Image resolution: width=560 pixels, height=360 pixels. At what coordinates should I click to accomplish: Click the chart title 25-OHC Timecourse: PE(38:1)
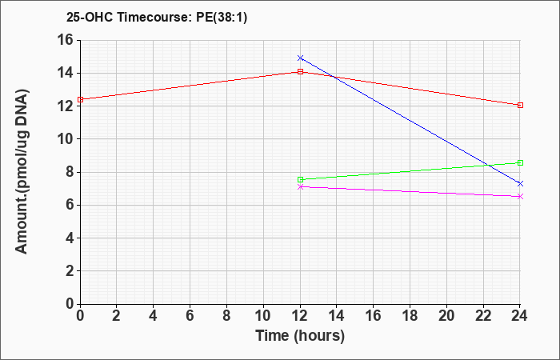(157, 18)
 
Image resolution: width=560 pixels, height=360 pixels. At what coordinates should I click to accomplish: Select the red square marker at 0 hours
(80, 100)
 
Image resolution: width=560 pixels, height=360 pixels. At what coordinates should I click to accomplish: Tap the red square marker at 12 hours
(300, 71)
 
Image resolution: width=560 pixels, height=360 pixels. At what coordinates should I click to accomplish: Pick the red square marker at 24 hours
(520, 105)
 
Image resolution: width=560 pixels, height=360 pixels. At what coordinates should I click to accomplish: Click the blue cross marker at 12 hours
(300, 58)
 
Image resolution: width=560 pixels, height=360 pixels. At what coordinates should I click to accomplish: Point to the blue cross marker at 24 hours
(520, 183)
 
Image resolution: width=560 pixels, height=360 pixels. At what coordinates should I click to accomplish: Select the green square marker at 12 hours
(300, 180)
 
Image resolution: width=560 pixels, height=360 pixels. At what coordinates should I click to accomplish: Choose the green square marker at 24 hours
(520, 163)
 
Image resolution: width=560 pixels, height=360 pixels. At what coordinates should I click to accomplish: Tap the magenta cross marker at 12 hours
(300, 186)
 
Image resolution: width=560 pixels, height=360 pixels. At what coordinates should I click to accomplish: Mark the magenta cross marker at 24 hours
(520, 197)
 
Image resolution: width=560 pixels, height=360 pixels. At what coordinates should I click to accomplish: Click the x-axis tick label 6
(190, 316)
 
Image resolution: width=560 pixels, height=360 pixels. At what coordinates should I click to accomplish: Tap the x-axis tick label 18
(410, 316)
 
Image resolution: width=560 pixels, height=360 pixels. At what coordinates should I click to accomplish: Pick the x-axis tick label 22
(483, 316)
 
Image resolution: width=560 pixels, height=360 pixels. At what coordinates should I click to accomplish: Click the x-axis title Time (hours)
(300, 336)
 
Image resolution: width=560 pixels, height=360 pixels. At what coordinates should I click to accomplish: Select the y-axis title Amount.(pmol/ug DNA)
(22, 171)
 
